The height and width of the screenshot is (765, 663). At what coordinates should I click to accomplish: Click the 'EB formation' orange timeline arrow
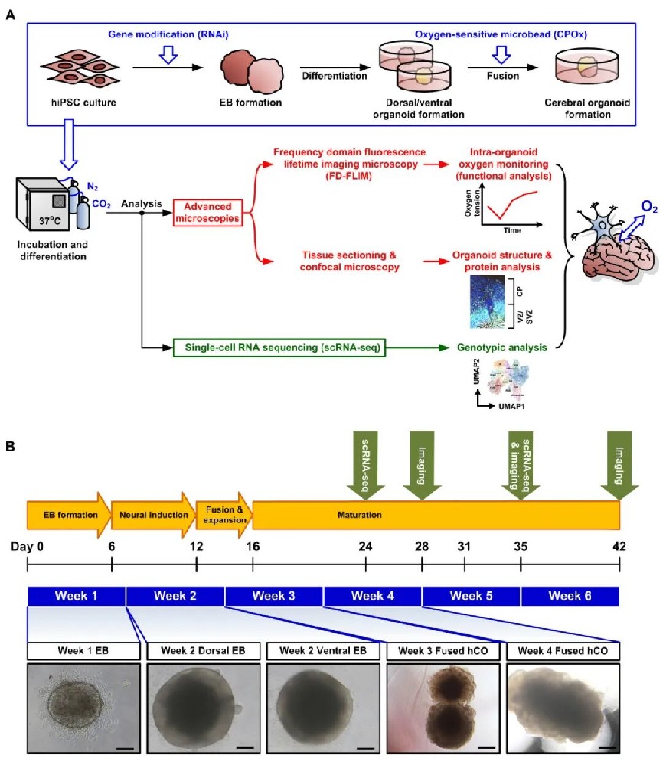pos(67,514)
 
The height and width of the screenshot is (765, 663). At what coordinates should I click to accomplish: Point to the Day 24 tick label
pos(366,548)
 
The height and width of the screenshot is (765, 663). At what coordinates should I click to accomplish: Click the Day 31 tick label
pos(465,548)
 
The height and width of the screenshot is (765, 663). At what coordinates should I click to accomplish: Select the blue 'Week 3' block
pos(274,596)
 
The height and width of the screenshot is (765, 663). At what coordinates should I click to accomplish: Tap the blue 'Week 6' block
pos(570,596)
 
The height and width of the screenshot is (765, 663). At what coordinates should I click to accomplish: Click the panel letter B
pos(10,444)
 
